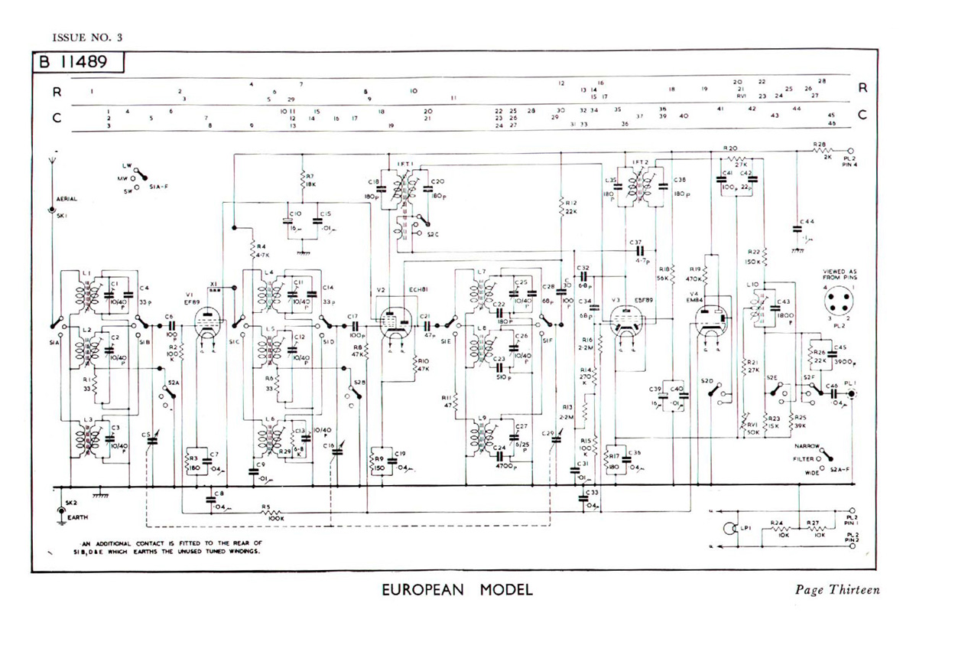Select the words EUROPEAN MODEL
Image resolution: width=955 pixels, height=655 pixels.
456,590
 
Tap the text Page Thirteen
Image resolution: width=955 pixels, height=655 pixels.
837,590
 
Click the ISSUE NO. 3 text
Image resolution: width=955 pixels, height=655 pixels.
87,37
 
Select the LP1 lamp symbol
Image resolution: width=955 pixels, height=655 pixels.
729,528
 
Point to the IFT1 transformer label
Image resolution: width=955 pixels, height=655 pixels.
404,164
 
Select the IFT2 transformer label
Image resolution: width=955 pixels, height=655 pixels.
640,163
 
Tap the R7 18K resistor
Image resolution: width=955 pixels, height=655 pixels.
304,181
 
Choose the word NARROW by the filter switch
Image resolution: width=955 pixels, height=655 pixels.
806,445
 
